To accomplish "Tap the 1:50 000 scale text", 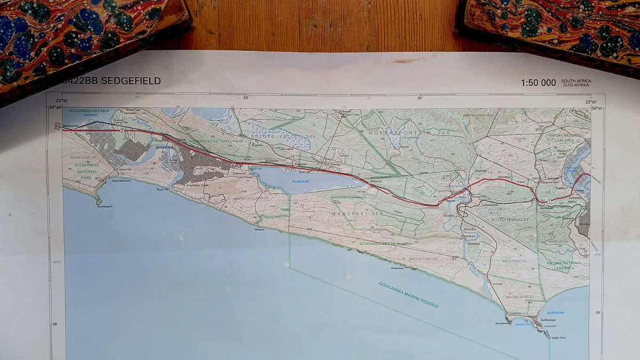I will [538, 83].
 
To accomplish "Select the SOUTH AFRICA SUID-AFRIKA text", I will [576, 83].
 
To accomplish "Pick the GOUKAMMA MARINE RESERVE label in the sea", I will [409, 295].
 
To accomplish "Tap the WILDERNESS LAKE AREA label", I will [89, 110].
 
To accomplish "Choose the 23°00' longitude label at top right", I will [590, 101].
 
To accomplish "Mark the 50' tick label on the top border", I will [246, 98].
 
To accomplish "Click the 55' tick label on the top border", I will [420, 98].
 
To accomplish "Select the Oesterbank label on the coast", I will [412, 268].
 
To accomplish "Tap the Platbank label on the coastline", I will [259, 230].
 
